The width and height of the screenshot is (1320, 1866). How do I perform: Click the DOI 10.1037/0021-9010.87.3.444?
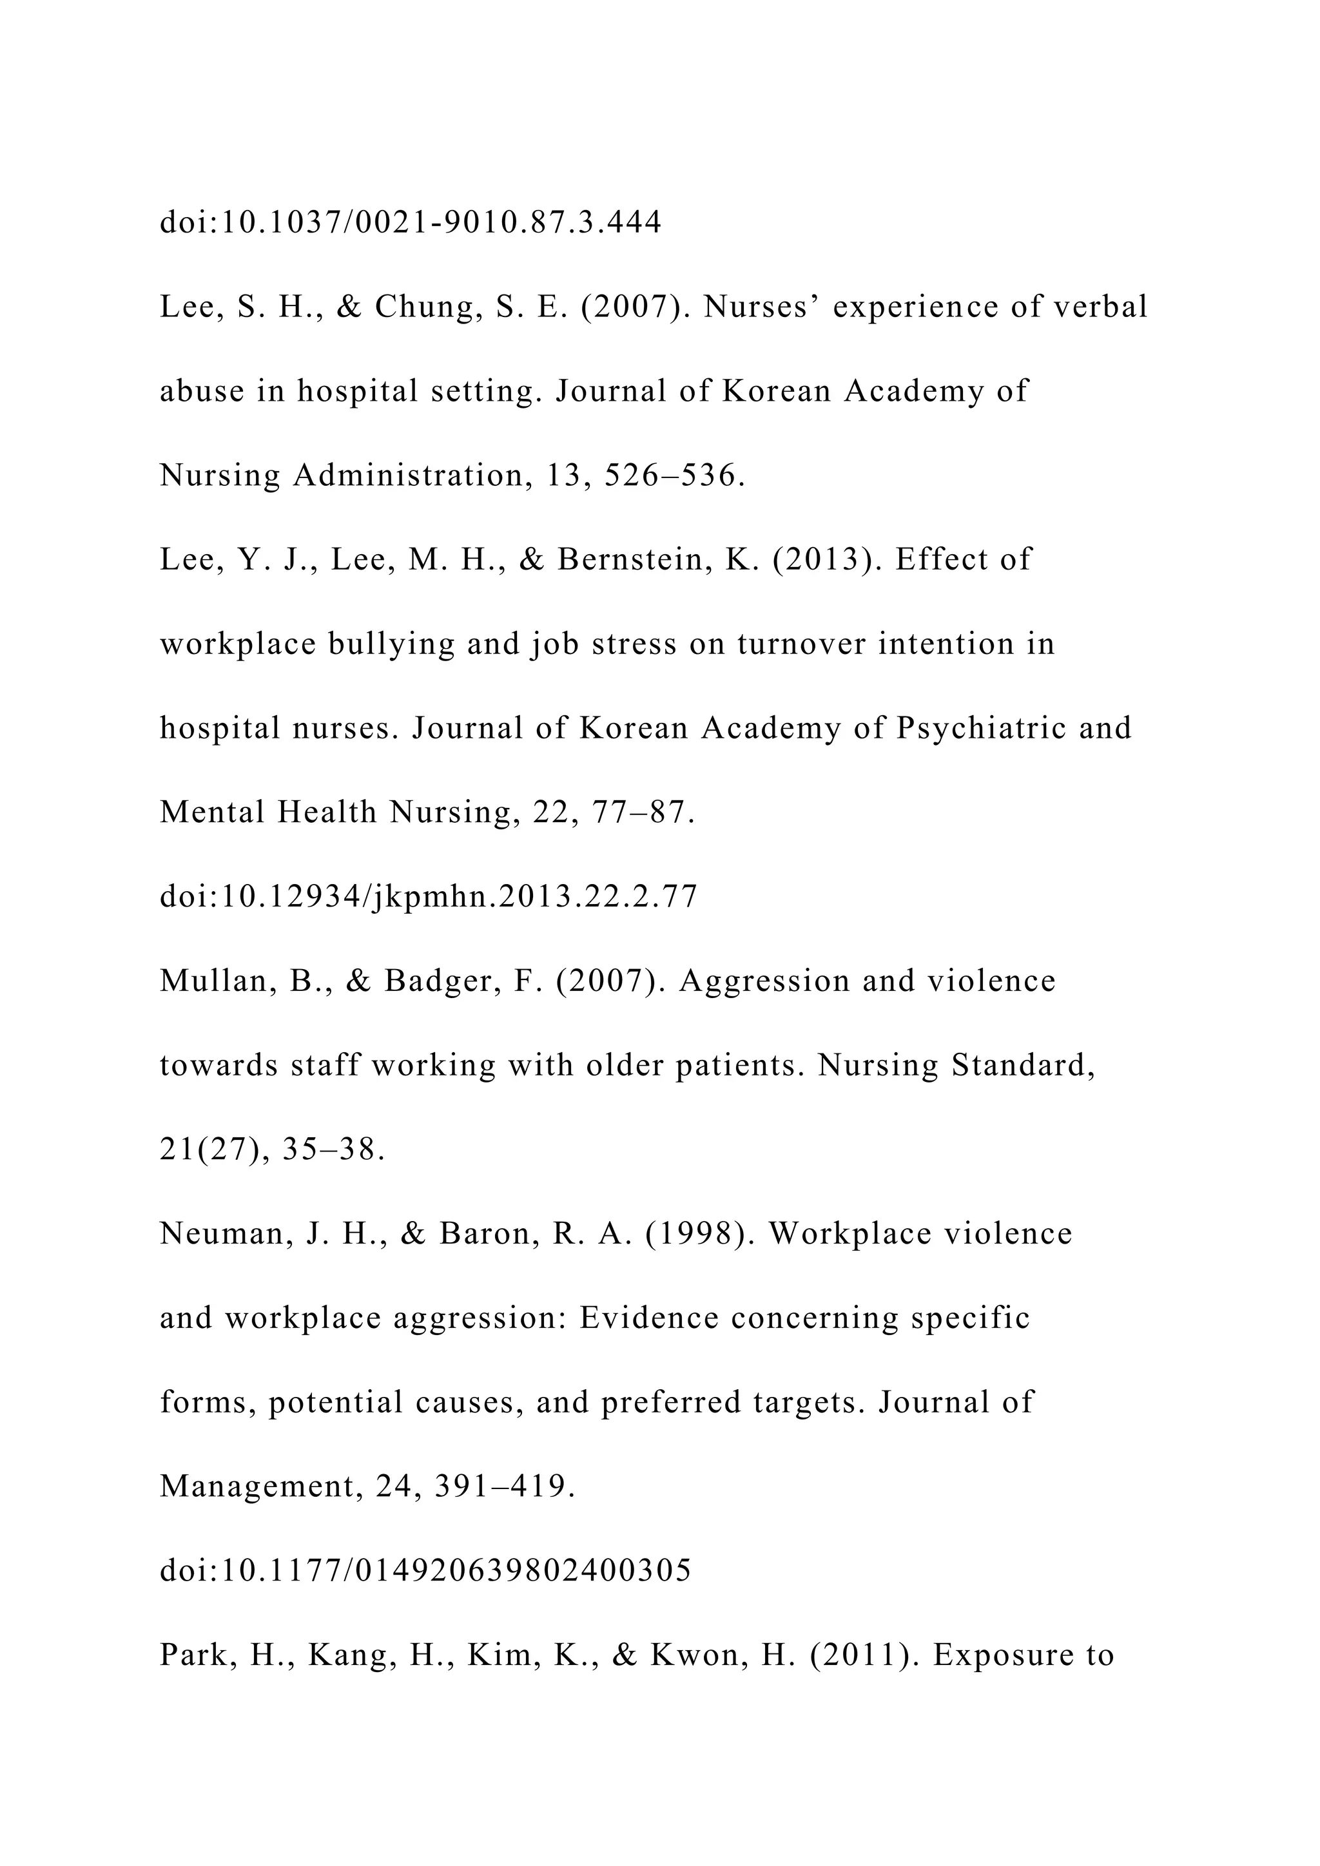[411, 222]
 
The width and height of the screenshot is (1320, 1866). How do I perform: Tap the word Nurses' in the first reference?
[762, 307]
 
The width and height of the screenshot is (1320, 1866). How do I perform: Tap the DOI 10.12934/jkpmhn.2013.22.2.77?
[429, 896]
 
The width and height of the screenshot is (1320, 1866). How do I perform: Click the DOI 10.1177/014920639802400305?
[425, 1570]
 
